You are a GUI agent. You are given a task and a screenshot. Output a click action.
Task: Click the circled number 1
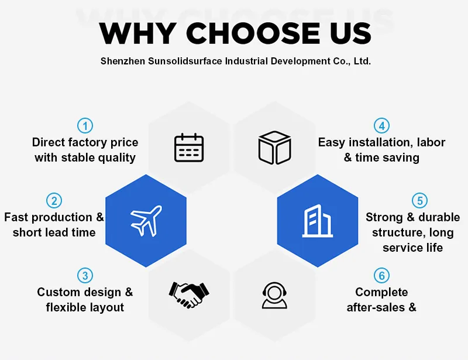click(85, 125)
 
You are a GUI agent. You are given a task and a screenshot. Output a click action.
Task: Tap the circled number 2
click(54, 201)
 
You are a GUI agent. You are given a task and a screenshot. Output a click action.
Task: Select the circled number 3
click(85, 275)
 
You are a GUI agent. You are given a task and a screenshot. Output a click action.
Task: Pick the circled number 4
click(382, 125)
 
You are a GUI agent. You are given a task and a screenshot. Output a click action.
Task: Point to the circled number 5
click(419, 201)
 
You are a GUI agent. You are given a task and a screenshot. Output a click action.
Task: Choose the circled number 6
click(382, 275)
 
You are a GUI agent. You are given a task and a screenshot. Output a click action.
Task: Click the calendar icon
click(189, 148)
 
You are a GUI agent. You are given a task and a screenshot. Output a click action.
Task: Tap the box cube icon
click(274, 148)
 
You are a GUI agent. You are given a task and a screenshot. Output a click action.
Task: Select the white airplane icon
click(146, 221)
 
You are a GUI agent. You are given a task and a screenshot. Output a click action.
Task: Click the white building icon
click(317, 221)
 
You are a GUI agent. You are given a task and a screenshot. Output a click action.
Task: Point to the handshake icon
click(188, 294)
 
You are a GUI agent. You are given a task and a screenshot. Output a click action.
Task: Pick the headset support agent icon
click(274, 294)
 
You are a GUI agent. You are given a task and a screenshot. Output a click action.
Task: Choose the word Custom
click(57, 292)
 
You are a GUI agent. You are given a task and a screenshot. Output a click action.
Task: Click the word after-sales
click(376, 307)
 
